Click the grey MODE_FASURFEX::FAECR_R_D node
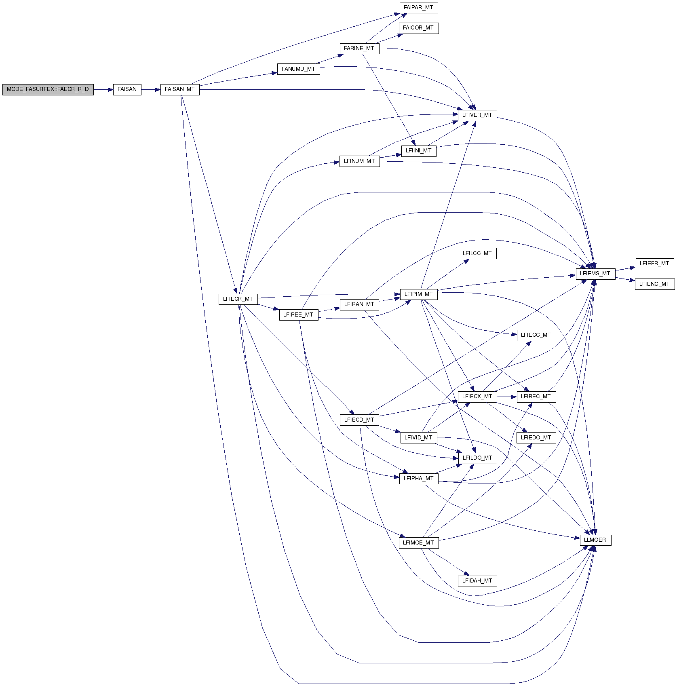(x=48, y=89)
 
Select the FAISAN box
(x=127, y=89)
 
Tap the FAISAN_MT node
(x=180, y=89)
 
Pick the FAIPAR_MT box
(x=418, y=8)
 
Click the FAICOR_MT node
(x=418, y=28)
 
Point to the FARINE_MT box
(x=359, y=49)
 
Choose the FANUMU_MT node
(x=298, y=69)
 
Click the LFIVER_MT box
(x=477, y=115)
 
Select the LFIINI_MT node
(x=419, y=151)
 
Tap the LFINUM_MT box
(x=359, y=161)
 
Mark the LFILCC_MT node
(x=477, y=253)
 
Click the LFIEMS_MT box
(x=595, y=274)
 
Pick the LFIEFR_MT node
(x=655, y=264)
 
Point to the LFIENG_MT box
(x=655, y=284)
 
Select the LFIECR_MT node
(x=238, y=299)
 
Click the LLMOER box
(x=595, y=540)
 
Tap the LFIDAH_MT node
(x=477, y=581)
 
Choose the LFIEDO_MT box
(x=536, y=438)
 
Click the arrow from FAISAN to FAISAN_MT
(x=151, y=89)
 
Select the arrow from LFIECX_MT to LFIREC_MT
(x=507, y=397)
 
